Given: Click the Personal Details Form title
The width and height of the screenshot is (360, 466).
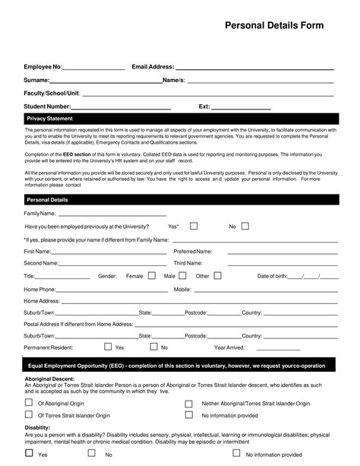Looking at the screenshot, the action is pos(273,26).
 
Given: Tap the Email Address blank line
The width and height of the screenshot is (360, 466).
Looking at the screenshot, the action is pos(254,68).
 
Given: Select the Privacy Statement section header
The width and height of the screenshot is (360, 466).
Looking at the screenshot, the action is pos(49,119).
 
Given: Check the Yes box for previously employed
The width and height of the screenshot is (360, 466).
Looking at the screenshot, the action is pos(194,226).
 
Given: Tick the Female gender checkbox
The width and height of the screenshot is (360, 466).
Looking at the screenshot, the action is pos(152,275).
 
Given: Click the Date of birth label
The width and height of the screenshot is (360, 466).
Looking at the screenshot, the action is pos(272,276).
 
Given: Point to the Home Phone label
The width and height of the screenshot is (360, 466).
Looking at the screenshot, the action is pos(39,289).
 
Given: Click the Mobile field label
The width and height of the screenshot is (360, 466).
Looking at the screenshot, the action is pos(204,289).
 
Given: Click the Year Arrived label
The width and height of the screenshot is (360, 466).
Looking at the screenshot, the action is pos(229,347).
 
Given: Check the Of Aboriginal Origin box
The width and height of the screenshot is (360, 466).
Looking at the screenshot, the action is pos(29,404).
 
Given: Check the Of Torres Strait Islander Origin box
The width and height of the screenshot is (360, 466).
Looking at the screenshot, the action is pos(29,416).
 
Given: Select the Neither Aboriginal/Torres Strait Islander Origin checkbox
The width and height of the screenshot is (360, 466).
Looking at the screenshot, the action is pos(189,404).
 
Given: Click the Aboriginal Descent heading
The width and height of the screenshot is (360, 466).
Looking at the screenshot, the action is pos(49,379).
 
